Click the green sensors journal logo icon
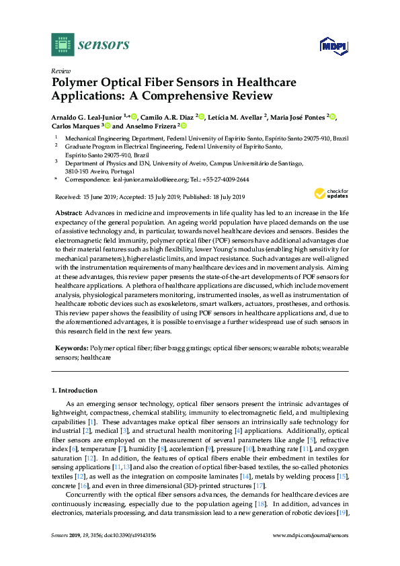[x=63, y=44]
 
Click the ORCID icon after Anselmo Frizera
[x=182, y=126]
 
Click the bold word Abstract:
[x=69, y=212]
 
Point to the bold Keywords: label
[x=71, y=349]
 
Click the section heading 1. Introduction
[x=75, y=390]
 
